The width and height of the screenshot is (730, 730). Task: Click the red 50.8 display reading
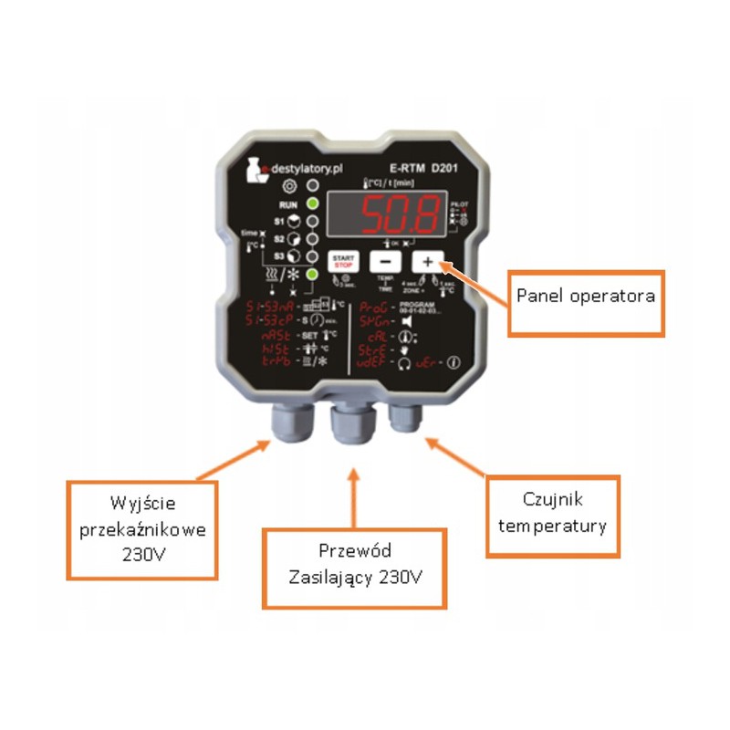398,215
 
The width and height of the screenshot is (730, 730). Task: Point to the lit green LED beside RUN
312,203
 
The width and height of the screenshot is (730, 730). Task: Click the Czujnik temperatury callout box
552,514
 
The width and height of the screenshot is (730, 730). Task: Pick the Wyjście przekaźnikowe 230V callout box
143,529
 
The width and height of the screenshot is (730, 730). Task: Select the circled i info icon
454,362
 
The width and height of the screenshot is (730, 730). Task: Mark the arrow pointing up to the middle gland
354,493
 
